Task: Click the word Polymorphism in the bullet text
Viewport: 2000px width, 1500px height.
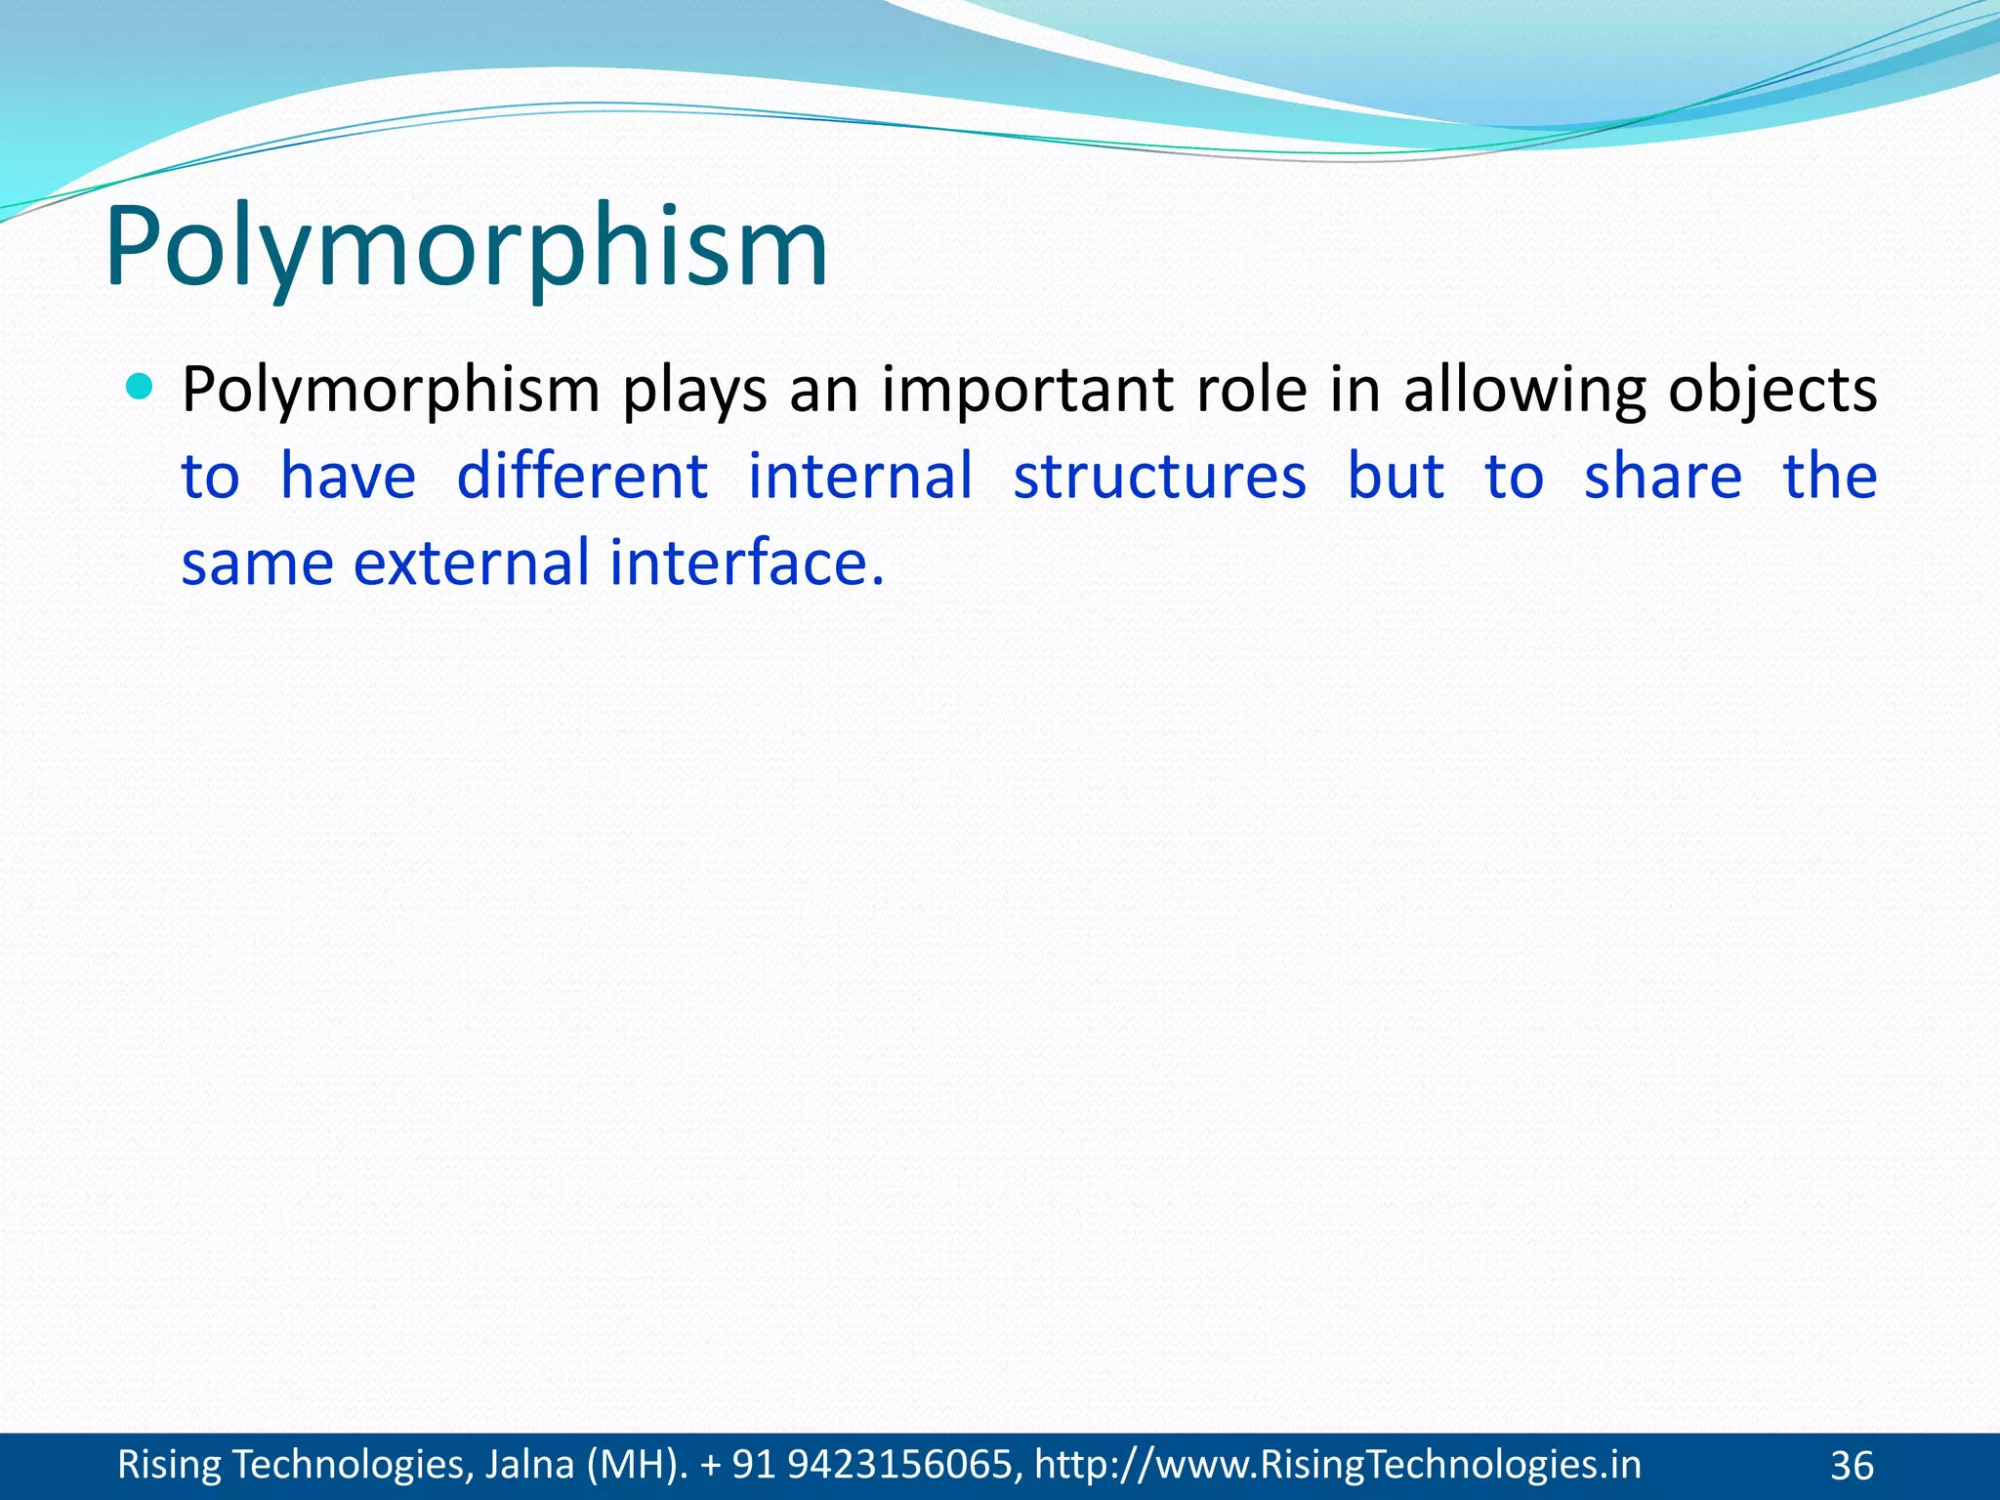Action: (x=391, y=391)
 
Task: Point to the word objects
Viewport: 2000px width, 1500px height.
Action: (x=1771, y=391)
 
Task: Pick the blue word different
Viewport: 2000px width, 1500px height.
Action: (x=582, y=477)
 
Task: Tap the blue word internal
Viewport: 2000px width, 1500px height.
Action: (x=860, y=477)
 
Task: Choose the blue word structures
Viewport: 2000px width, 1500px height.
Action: (x=1159, y=477)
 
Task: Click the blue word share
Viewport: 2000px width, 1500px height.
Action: (x=1662, y=477)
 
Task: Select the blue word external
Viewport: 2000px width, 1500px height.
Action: (x=471, y=563)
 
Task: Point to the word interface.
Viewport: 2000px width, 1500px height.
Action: (x=746, y=563)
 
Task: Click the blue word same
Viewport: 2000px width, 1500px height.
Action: (x=258, y=563)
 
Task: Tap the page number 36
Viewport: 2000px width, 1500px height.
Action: (x=1852, y=1466)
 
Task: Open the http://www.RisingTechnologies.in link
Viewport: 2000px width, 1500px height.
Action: (x=1337, y=1465)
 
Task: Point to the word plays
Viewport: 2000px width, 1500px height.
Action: (x=694, y=391)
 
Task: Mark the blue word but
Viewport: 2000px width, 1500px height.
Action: (x=1396, y=477)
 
